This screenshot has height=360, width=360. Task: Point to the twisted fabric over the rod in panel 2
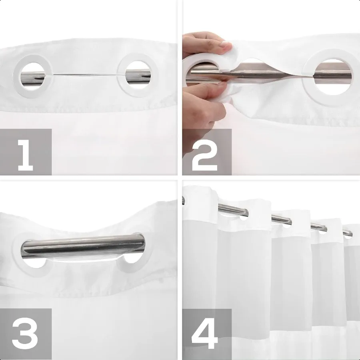pos(256,74)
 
